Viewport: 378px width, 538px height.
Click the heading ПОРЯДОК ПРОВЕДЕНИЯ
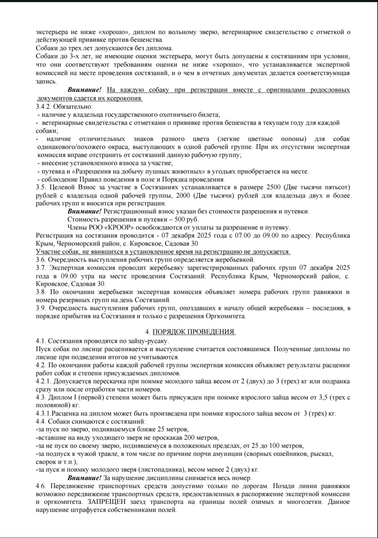pos(194,332)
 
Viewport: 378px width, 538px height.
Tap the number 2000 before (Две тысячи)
pos(183,195)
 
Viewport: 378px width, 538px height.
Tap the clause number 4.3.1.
pos(44,413)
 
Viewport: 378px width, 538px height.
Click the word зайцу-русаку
pos(151,340)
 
